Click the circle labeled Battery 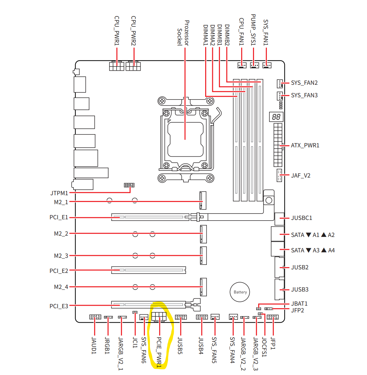point(240,292)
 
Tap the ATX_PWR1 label point(305,145)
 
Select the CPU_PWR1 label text point(117,31)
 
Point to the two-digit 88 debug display point(276,117)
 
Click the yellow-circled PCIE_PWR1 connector point(159,317)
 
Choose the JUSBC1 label point(301,218)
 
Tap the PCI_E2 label point(59,271)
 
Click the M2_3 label point(61,256)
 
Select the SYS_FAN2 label point(304,83)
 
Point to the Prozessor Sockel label point(183,33)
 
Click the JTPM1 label point(59,193)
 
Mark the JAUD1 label point(94,345)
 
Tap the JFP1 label point(273,343)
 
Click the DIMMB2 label point(227,35)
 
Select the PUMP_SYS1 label point(253,30)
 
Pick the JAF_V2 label point(301,176)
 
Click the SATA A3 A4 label point(313,250)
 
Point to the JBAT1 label point(299,303)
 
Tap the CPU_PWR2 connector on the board point(133,66)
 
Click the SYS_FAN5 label point(214,350)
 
